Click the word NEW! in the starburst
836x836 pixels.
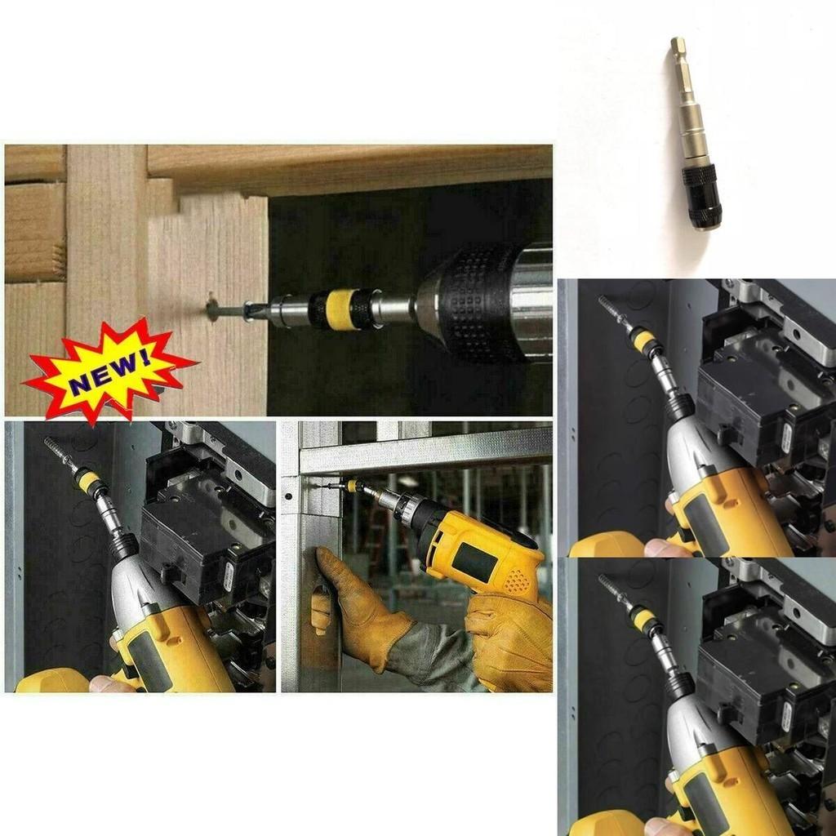click(x=109, y=369)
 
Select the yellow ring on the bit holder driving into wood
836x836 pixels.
click(x=340, y=309)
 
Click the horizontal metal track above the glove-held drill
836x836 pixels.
click(x=425, y=450)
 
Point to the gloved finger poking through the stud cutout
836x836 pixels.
click(x=321, y=612)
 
